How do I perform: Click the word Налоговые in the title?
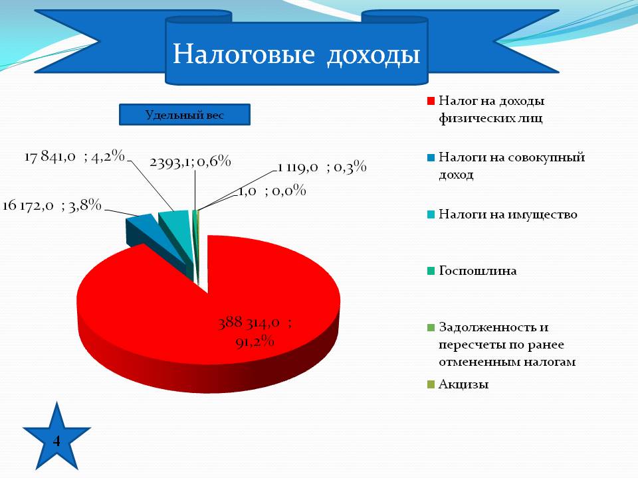pos(244,54)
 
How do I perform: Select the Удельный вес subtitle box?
pos(184,115)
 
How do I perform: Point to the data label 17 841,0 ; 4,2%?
pos(74,156)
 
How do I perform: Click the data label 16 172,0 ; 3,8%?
pos(52,205)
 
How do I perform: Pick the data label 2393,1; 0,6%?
pos(190,162)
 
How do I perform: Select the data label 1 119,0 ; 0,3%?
pos(322,167)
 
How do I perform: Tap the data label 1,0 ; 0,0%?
pos(272,191)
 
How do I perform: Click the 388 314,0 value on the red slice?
pos(255,323)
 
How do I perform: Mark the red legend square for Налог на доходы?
pos(431,101)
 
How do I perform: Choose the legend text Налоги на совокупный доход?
pos(512,165)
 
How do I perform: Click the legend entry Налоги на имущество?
pos(508,214)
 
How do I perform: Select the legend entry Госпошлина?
pos(477,271)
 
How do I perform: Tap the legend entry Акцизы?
pos(463,384)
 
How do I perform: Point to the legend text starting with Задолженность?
pos(507,345)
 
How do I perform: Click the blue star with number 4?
pos(56,437)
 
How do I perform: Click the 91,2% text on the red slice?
pos(255,341)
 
